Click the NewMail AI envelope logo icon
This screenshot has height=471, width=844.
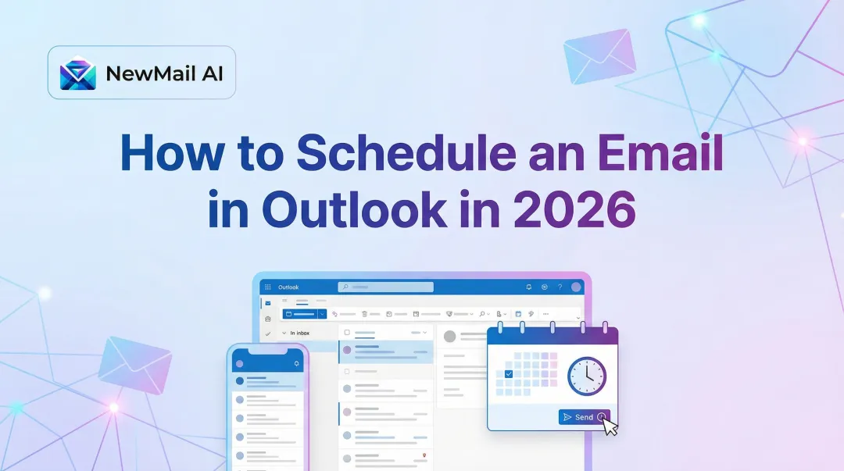click(78, 73)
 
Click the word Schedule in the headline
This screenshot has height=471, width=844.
click(406, 153)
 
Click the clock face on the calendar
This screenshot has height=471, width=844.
click(586, 376)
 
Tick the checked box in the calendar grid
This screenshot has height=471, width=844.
click(509, 375)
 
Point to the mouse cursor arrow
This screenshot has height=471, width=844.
click(610, 426)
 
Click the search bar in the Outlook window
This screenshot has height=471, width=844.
click(386, 287)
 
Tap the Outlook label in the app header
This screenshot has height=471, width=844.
click(288, 287)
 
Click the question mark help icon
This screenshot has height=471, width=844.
click(560, 287)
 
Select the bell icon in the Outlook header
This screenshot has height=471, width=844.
click(529, 287)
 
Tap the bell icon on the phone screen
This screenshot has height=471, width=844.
click(296, 364)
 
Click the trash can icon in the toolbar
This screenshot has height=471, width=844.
click(364, 313)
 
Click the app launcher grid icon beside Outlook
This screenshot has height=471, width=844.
click(268, 287)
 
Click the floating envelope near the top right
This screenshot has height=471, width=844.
click(599, 55)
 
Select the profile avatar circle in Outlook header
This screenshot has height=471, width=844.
click(577, 287)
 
